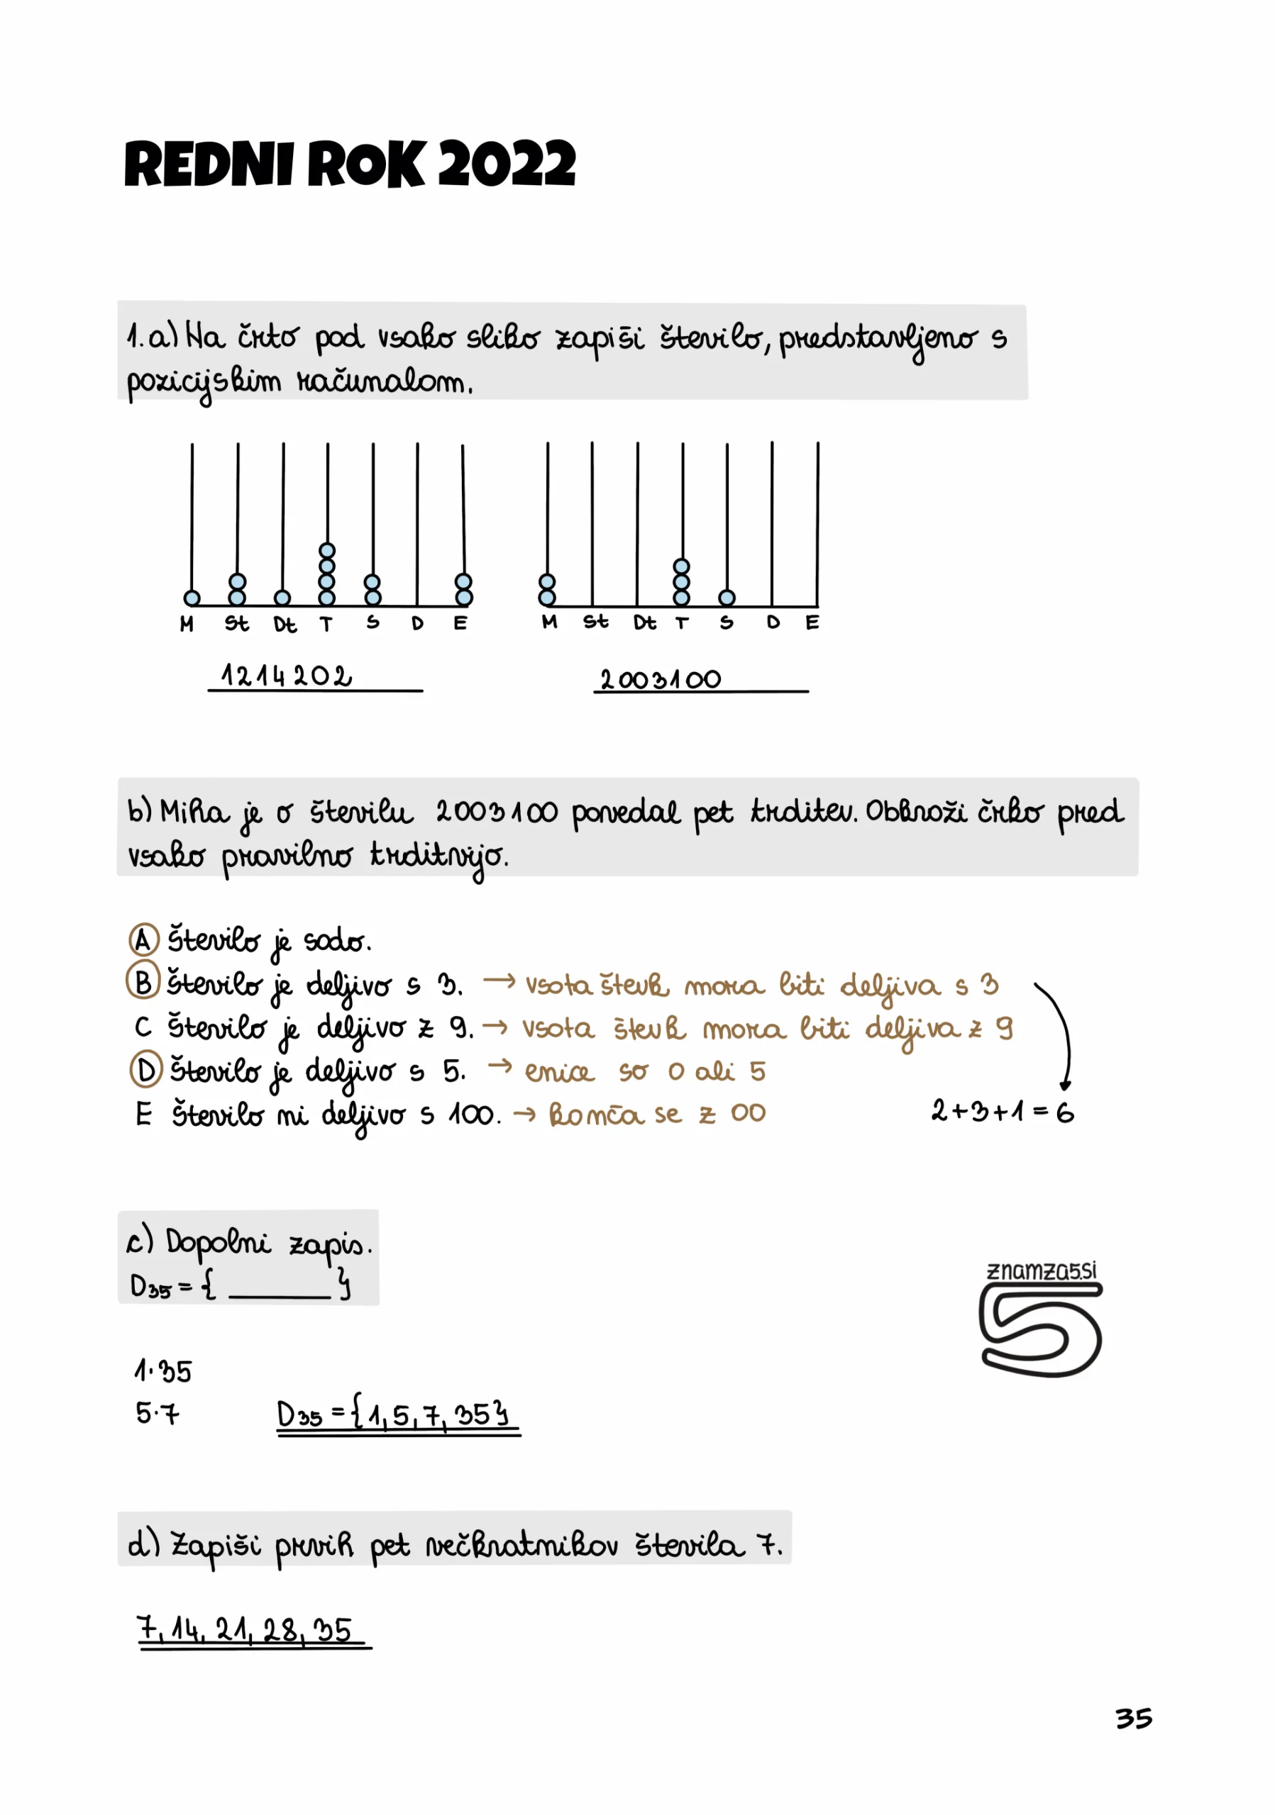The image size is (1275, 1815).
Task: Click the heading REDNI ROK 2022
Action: click(x=350, y=164)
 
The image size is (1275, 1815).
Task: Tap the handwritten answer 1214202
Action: click(x=287, y=676)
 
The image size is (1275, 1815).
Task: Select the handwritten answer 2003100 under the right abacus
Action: click(x=661, y=679)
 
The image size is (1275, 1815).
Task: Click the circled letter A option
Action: click(x=143, y=940)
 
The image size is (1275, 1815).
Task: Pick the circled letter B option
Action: click(x=143, y=982)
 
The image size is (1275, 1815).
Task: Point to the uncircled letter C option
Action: click(x=143, y=1027)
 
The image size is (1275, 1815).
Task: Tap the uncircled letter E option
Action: click(x=143, y=1114)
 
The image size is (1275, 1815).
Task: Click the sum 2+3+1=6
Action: click(x=1002, y=1112)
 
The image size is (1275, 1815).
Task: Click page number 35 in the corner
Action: click(x=1133, y=1718)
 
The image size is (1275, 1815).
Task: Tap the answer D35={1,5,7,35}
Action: click(x=395, y=1414)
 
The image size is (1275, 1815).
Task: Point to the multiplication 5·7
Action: click(x=157, y=1412)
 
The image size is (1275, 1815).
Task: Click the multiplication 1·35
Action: click(x=163, y=1370)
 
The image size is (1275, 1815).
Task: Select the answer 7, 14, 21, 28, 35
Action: click(x=245, y=1629)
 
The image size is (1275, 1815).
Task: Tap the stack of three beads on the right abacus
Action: click(x=682, y=582)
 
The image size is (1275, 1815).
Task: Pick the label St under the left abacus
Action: click(x=236, y=624)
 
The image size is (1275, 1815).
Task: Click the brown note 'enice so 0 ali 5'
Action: click(x=645, y=1071)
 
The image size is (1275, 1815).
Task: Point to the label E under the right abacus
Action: click(x=812, y=623)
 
